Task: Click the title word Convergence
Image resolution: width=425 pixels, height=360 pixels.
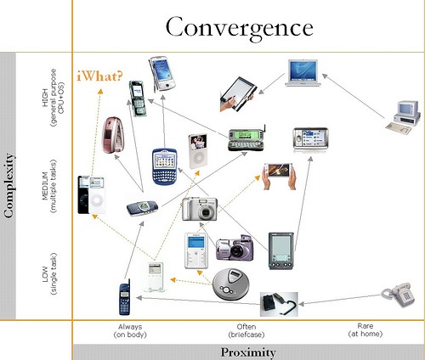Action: (x=240, y=28)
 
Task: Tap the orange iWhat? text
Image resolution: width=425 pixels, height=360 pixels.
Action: (x=99, y=76)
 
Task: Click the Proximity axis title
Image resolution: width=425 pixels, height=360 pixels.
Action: (x=248, y=352)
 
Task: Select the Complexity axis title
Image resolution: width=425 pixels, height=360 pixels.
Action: (x=9, y=186)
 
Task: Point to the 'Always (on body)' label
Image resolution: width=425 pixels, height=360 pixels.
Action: (x=130, y=331)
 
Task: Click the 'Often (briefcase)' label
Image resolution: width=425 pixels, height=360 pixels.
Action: (x=246, y=331)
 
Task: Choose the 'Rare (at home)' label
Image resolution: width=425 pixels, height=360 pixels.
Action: (x=365, y=330)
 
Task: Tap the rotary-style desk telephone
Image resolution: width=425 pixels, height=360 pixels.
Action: (x=398, y=295)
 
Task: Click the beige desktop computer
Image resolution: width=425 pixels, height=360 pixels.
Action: (x=403, y=117)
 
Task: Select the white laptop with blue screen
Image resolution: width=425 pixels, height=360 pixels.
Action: (x=303, y=73)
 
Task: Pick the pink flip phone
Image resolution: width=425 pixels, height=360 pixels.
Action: (x=113, y=135)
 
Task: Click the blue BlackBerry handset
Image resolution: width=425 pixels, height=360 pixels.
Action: (x=165, y=166)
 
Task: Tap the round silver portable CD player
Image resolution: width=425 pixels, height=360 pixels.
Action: (x=231, y=284)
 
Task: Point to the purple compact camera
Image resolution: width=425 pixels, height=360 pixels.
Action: (x=235, y=248)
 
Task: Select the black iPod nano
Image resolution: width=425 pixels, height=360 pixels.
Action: (x=83, y=194)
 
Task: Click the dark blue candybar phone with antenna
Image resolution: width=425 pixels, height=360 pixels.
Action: (x=125, y=297)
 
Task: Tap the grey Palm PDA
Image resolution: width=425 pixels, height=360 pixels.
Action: (x=281, y=251)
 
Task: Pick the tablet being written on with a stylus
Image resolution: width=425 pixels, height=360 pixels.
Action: (x=238, y=94)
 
